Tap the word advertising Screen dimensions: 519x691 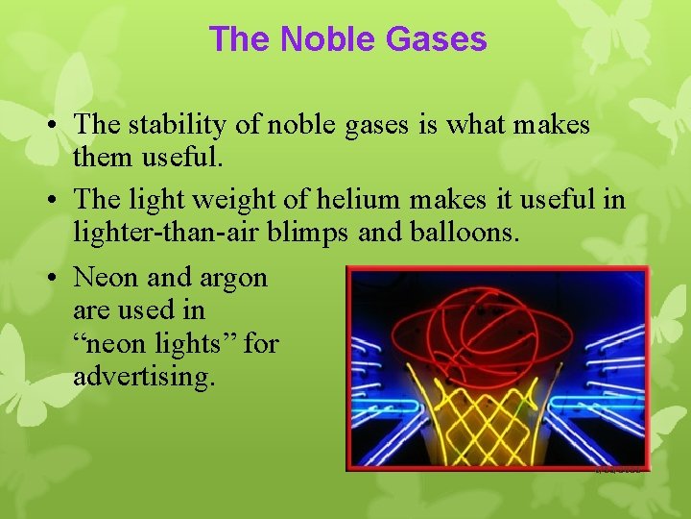(x=144, y=377)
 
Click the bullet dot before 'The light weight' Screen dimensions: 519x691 (x=60, y=201)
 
